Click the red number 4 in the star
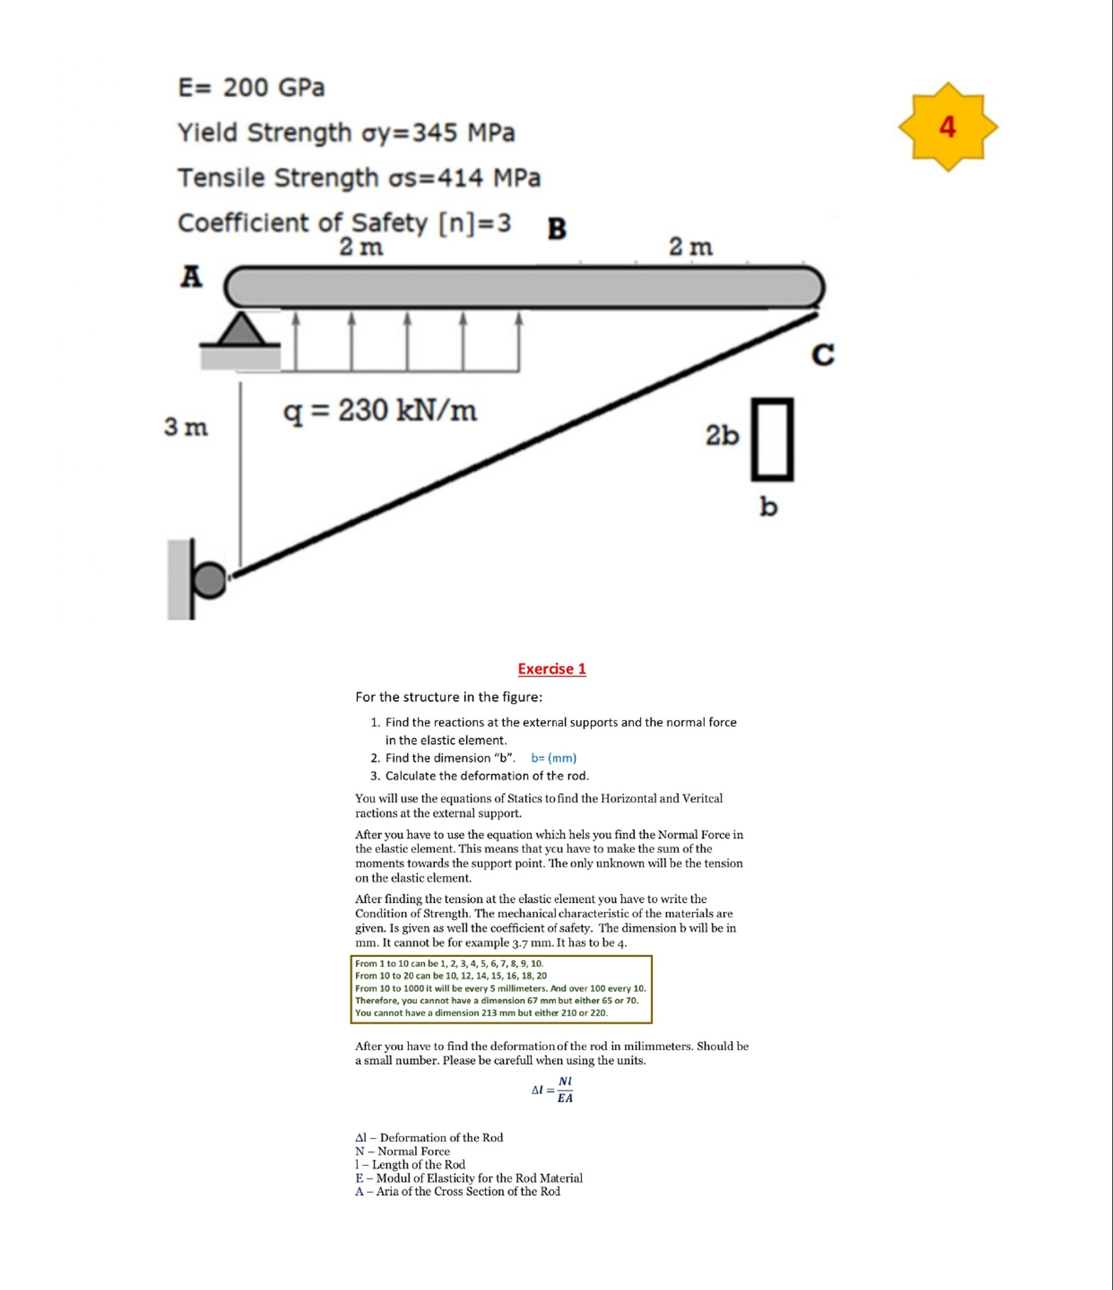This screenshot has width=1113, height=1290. coord(947,127)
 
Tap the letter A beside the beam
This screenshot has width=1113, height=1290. coord(191,276)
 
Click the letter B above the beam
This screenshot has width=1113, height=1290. coord(556,229)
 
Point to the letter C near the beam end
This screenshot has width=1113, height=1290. coord(823,355)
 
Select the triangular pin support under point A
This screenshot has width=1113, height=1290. coord(240,329)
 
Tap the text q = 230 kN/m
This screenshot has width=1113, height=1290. coord(380,411)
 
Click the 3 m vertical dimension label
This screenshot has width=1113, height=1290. coord(186,427)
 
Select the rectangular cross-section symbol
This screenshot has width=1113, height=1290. coord(772,439)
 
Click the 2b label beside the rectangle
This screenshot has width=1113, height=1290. coord(722,436)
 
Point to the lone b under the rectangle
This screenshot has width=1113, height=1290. coord(768,507)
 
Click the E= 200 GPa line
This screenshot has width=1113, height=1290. coord(251,88)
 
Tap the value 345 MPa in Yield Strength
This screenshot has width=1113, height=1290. coord(464,133)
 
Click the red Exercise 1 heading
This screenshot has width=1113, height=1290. coord(552,669)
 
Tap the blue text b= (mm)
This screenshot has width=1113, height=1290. coord(554,758)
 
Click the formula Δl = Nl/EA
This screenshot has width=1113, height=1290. coord(553,1089)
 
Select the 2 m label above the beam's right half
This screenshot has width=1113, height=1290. coord(691,246)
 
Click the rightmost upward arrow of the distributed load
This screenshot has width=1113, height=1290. coord(519,342)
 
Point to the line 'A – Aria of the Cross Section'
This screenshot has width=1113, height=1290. coord(458,1192)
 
